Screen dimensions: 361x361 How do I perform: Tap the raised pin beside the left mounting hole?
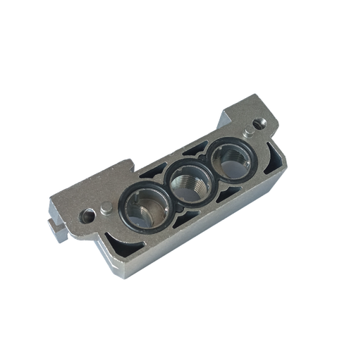(x=105, y=208)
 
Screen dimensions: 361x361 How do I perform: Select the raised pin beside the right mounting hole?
(x=246, y=131)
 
